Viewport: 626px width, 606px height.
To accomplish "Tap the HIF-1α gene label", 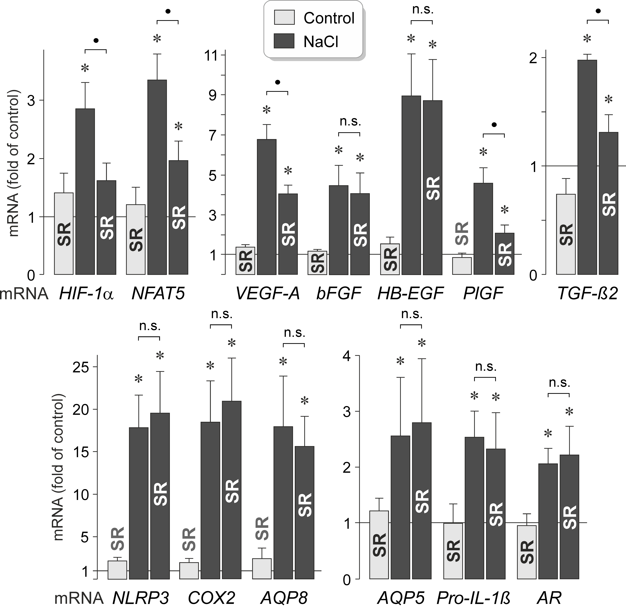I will tap(86, 293).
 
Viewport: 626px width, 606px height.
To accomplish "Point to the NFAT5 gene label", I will tap(158, 293).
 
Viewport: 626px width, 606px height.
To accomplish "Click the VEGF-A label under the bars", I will tap(268, 293).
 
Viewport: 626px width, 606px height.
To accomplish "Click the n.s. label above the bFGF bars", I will tap(350, 122).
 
